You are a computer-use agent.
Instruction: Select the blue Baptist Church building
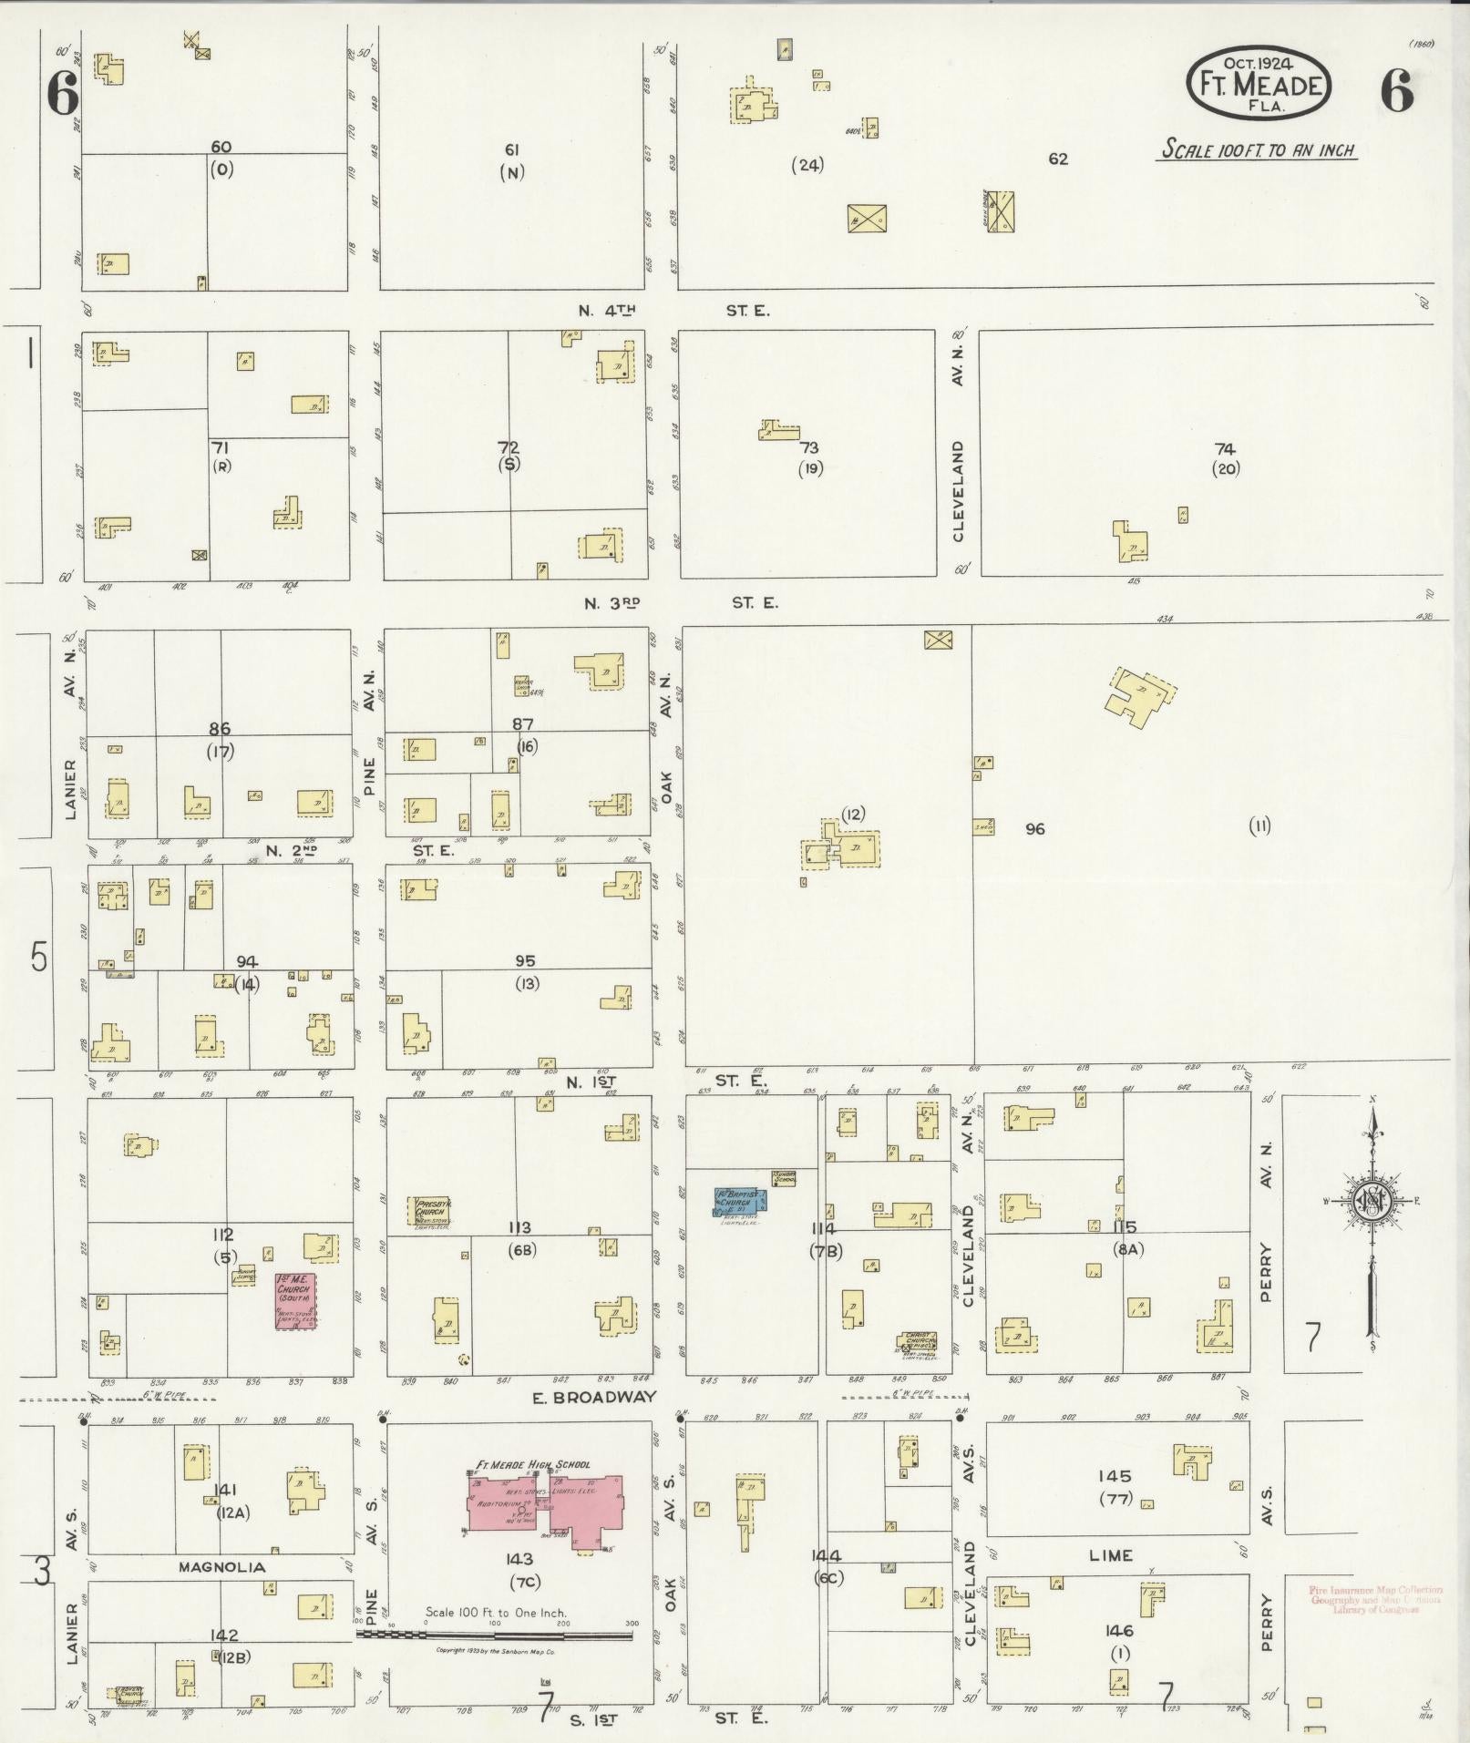coord(739,1201)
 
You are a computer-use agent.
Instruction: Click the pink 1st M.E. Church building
coord(296,1301)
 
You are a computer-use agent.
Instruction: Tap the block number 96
coord(1034,829)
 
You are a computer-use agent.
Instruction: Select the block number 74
coord(1225,448)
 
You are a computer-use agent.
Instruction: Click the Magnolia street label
coord(221,1567)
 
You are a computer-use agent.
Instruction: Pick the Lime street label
coord(1110,1555)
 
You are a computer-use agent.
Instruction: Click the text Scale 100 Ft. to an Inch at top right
coord(1258,150)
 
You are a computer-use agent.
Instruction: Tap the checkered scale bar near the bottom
coord(497,1635)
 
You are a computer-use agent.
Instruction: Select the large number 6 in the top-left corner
coord(62,94)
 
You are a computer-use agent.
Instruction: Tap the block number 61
coord(512,149)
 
